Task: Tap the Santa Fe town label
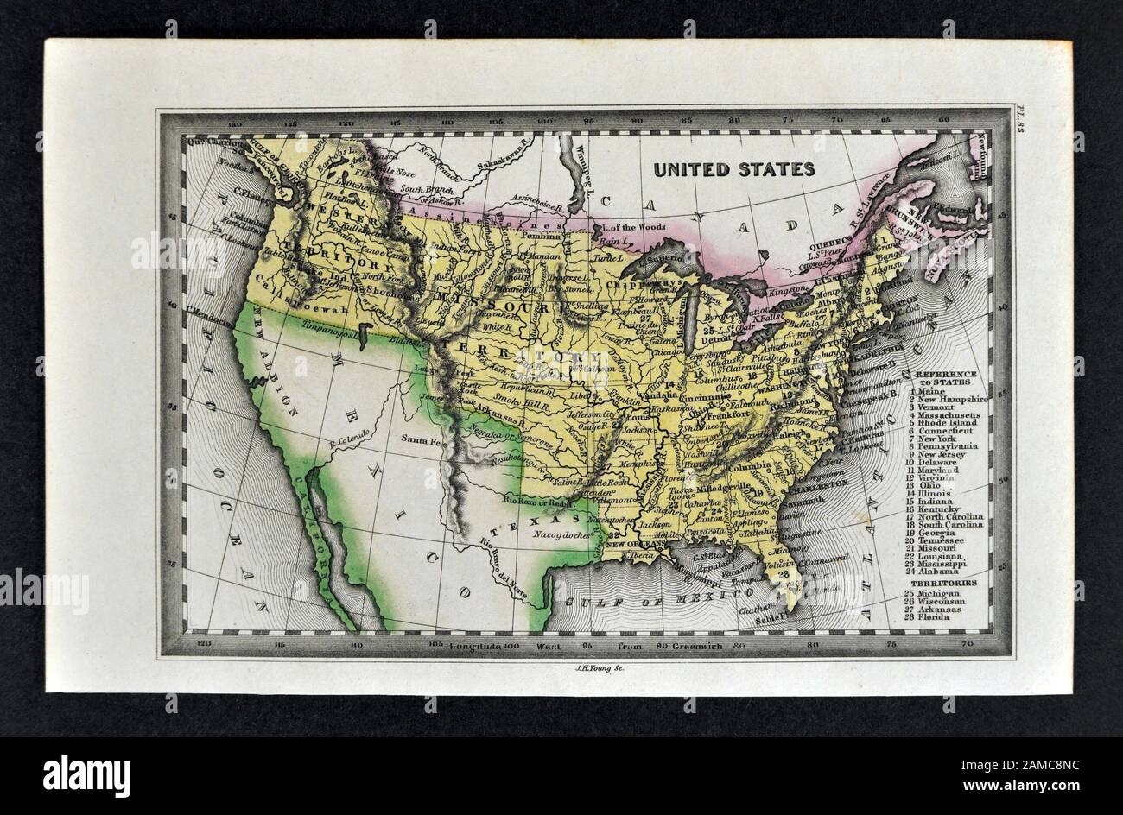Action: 421,440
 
